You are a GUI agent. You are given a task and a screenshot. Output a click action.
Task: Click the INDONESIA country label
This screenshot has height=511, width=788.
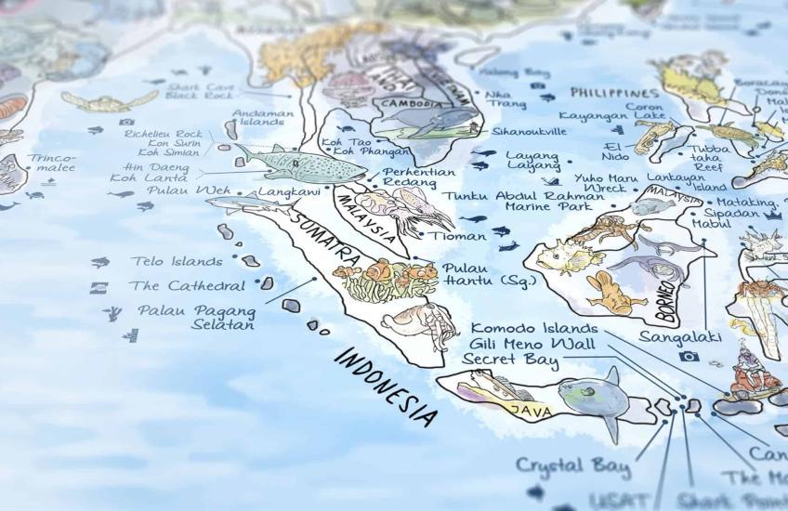point(385,386)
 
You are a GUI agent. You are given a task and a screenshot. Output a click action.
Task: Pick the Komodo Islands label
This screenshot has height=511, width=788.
point(534,328)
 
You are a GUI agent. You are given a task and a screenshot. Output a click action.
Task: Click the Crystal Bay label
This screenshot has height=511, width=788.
point(572,465)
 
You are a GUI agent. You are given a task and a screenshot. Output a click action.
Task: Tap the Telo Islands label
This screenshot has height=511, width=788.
point(177,262)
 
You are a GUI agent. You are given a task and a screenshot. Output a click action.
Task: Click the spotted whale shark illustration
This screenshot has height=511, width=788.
point(297,164)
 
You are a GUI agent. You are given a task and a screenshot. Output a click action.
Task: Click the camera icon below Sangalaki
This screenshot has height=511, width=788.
point(689,356)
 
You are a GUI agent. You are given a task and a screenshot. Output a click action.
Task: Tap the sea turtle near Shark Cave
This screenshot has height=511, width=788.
point(111,100)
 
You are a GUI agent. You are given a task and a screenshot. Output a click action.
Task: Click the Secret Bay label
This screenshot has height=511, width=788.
point(510,360)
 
